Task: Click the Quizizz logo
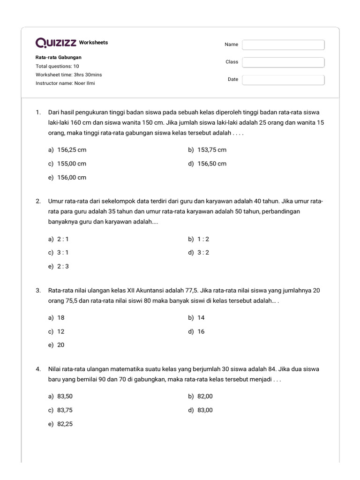click(56, 43)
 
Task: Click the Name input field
click(283, 45)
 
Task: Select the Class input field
click(283, 62)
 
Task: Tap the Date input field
click(283, 80)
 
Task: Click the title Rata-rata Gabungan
click(59, 57)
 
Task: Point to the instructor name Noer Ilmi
click(65, 83)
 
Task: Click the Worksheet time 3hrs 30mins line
click(68, 75)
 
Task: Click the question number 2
click(38, 201)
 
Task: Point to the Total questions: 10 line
click(57, 66)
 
